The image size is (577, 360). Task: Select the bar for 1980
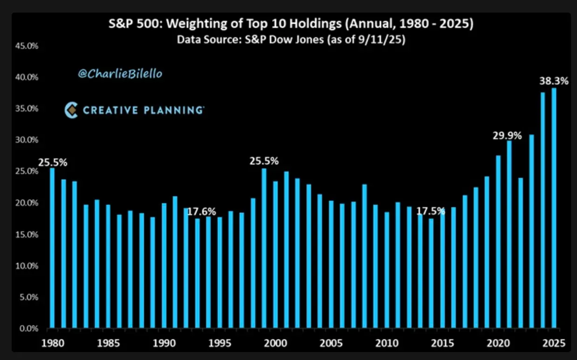[x=52, y=247]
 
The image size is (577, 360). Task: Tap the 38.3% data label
[x=554, y=81]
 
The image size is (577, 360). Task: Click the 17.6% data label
[x=202, y=211]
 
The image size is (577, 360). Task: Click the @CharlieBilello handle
[x=120, y=74]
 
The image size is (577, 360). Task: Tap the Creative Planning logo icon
[x=71, y=111]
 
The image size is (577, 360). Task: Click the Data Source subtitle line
[x=291, y=40]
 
